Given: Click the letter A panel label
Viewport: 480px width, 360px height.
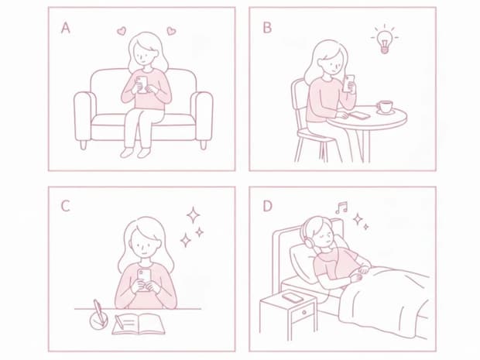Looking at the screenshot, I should (66, 28).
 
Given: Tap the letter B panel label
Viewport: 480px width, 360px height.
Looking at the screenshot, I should (267, 28).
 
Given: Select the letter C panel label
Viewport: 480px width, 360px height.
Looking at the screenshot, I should (66, 206).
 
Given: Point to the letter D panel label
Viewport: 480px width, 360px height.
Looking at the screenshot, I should (267, 206).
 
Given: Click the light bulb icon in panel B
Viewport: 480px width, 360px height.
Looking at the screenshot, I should (382, 39).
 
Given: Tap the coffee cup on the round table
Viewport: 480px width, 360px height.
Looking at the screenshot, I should (385, 107).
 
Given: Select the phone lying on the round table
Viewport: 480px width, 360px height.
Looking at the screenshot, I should (360, 115).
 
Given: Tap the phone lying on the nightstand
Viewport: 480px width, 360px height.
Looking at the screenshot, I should (292, 297).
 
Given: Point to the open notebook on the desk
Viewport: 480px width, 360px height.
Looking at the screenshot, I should (138, 322).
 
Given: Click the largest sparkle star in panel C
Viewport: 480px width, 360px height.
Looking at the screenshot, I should (192, 214).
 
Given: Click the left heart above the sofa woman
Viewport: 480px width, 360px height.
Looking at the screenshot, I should (121, 32).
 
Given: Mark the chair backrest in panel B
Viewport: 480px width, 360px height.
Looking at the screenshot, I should (297, 101).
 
